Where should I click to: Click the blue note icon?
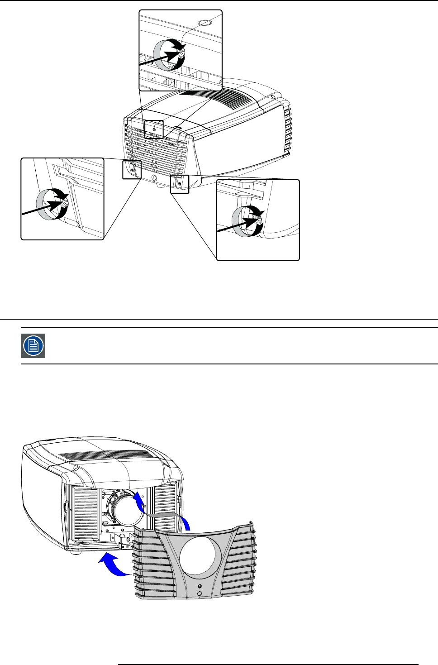[x=33, y=346]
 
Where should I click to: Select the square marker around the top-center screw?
[x=154, y=129]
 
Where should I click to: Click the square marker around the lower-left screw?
[x=132, y=170]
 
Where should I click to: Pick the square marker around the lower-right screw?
[x=180, y=184]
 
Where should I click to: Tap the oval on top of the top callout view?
[x=205, y=21]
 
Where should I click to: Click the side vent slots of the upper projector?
[x=288, y=129]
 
